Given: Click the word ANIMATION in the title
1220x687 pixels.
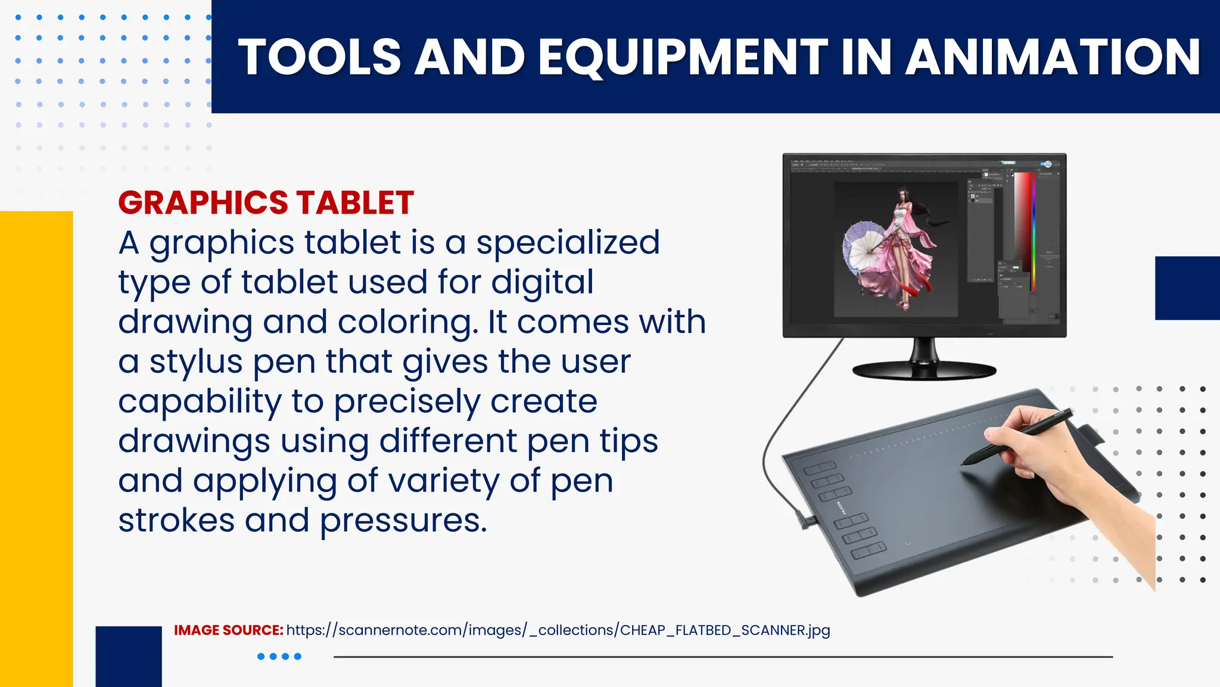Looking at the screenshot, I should (1053, 57).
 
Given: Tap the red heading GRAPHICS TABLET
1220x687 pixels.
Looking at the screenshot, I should (266, 203).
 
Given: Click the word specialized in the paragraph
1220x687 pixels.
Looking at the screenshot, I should (568, 243).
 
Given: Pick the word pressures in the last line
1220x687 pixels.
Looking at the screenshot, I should (403, 520).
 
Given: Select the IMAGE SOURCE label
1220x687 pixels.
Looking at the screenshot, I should (228, 630).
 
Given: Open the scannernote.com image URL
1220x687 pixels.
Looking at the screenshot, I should (558, 630).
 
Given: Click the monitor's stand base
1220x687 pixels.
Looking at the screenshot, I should (924, 370).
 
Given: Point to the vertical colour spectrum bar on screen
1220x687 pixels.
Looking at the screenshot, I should (1034, 233).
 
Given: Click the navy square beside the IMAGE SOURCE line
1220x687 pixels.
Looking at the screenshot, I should (129, 656).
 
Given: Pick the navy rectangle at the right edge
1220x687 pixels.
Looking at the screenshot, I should (1187, 288).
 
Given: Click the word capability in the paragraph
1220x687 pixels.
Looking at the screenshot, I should (200, 401).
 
